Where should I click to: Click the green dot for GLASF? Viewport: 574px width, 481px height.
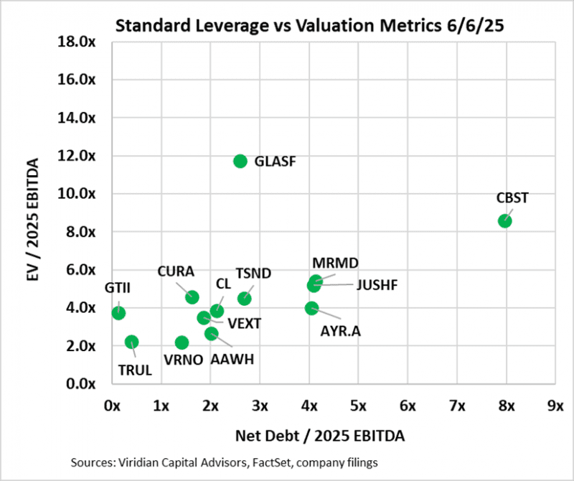240,161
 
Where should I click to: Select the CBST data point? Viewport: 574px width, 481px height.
505,220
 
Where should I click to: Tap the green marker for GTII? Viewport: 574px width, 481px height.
118,313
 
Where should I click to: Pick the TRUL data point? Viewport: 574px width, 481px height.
131,342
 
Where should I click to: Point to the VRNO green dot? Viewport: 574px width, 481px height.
182,342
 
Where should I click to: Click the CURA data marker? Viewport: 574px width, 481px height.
192,297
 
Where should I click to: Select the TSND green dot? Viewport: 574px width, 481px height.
245,298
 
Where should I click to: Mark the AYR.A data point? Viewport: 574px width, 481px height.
311,308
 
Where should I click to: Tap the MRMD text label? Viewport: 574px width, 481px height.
335,263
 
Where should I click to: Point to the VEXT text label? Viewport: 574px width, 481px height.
244,323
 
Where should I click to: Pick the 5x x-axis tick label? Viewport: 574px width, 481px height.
357,406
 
